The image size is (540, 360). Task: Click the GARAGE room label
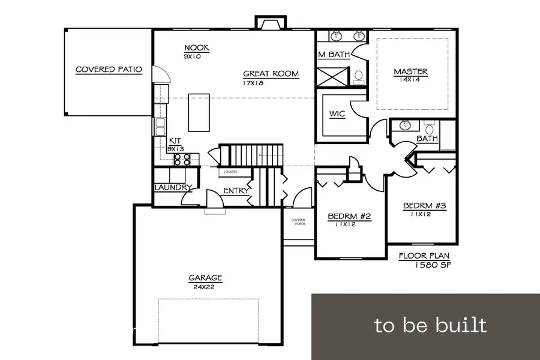[206, 278]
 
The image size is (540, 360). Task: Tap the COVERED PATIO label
[109, 70]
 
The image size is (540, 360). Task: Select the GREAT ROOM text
[271, 74]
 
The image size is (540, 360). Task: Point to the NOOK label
[197, 48]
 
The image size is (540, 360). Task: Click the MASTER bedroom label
[411, 72]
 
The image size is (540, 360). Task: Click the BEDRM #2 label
[349, 217]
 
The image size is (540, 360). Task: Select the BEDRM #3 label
[424, 205]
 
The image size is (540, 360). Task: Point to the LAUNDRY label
[173, 188]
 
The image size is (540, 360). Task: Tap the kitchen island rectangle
[199, 112]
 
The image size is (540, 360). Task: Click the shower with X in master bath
[332, 77]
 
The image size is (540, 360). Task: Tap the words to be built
[430, 325]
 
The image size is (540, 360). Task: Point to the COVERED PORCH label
[298, 222]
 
